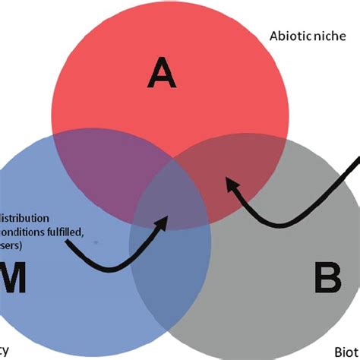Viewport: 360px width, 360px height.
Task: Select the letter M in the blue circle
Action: point(14,279)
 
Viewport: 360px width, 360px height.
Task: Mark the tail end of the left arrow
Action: point(67,242)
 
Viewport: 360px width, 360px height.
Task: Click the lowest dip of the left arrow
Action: point(110,269)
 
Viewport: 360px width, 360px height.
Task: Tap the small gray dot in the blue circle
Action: point(95,241)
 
